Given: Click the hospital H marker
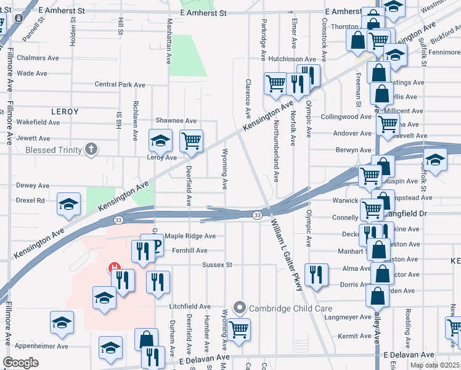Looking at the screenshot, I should pos(115,268).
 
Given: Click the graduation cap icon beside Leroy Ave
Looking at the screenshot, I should pos(160,141).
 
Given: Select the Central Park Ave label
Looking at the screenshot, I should pos(120,84).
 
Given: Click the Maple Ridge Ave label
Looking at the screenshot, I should pos(190,236).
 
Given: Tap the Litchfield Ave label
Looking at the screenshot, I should pos(191,306).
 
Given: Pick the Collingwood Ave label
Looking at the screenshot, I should pos(346,117).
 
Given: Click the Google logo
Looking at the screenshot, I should pos(20,363).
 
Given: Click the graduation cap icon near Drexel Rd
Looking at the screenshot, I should pos(68,205).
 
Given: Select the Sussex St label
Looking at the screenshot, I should pos(216,265).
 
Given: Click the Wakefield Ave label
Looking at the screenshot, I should pos(38,122).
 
